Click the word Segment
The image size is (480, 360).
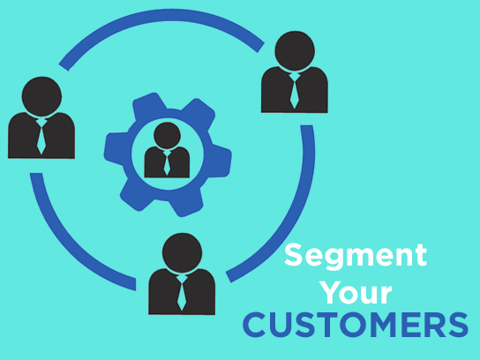click(x=356, y=257)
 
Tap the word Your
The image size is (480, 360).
click(x=357, y=292)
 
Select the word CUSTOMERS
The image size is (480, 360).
click(x=356, y=325)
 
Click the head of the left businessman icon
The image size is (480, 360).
click(x=41, y=96)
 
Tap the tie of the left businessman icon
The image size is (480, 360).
click(x=41, y=136)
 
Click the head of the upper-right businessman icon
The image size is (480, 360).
click(x=295, y=51)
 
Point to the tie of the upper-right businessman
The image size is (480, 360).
click(x=294, y=91)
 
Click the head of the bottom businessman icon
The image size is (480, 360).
click(x=182, y=253)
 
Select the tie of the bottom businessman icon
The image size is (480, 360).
click(x=182, y=293)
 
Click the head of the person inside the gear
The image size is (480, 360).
click(x=167, y=136)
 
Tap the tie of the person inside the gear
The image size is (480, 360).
click(x=167, y=163)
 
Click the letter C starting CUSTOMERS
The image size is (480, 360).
click(x=255, y=325)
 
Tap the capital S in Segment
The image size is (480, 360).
click(x=293, y=255)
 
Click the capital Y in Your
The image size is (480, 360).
click(x=332, y=292)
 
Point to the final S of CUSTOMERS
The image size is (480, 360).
click(x=458, y=325)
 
